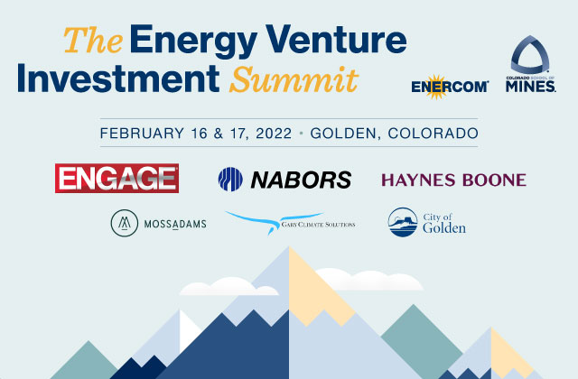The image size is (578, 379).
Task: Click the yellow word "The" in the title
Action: (x=93, y=40)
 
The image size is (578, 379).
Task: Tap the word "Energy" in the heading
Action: (x=193, y=42)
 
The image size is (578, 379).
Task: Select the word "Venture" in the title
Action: (x=336, y=39)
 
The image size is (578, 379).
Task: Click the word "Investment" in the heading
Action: (x=118, y=79)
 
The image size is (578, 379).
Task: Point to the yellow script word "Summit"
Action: (x=294, y=79)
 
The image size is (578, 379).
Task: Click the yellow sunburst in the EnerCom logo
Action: (x=435, y=87)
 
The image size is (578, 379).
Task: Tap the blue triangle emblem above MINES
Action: (x=530, y=54)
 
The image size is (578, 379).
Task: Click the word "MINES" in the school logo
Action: (x=530, y=87)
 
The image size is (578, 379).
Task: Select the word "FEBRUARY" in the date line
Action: (x=142, y=133)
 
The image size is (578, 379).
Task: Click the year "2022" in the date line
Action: (x=274, y=133)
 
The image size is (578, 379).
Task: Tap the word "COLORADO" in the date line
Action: (x=433, y=133)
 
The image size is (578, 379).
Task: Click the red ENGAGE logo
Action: (x=117, y=179)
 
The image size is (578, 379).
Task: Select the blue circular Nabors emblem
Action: (x=230, y=180)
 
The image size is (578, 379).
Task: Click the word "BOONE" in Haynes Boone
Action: (x=494, y=180)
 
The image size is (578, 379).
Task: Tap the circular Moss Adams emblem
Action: (x=125, y=223)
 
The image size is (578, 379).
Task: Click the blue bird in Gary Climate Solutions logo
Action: (x=275, y=221)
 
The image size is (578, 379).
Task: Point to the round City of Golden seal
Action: (x=403, y=222)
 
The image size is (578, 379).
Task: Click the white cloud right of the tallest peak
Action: (x=369, y=279)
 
